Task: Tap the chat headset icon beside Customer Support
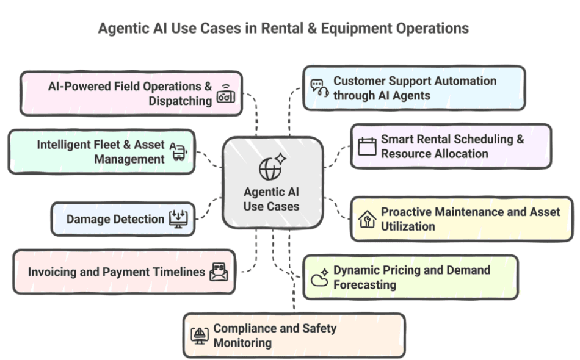pyautogui.click(x=319, y=88)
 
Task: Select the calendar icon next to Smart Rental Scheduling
pyautogui.click(x=367, y=146)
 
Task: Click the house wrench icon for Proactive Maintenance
pyautogui.click(x=367, y=219)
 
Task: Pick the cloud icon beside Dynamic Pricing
pyautogui.click(x=319, y=278)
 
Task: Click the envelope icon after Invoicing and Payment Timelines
pyautogui.click(x=218, y=272)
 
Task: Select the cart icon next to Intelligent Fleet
pyautogui.click(x=179, y=152)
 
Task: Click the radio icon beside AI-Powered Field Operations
pyautogui.click(x=225, y=95)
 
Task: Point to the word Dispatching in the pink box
pyautogui.click(x=180, y=101)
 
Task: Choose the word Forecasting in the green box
pyautogui.click(x=364, y=284)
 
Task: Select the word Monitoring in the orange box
pyautogui.click(x=242, y=342)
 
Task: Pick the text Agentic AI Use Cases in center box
pyautogui.click(x=272, y=199)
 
